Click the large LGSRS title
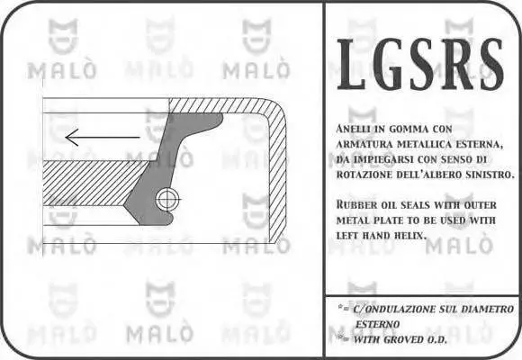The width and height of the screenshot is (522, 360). click(x=420, y=64)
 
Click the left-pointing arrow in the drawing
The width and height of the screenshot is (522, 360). click(x=103, y=137)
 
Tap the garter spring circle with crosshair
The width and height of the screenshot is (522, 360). click(x=167, y=200)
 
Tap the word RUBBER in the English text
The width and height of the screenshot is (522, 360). click(x=355, y=204)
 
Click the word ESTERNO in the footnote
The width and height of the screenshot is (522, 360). click(x=377, y=324)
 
